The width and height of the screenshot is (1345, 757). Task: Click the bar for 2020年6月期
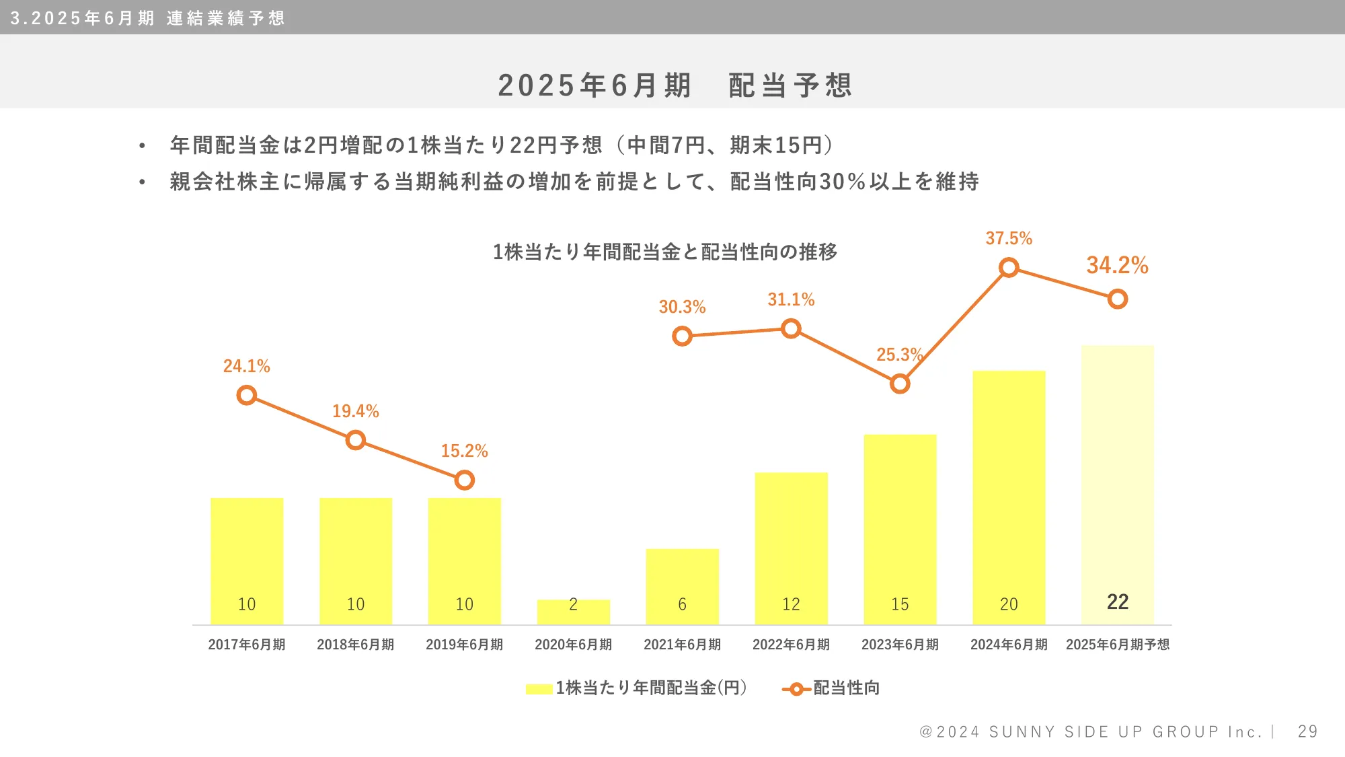573,612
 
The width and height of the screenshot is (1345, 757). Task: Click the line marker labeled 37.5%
1008,268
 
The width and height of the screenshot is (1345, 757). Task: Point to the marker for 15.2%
464,480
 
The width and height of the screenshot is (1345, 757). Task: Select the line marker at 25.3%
900,384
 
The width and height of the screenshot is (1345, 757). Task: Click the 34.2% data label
1117,265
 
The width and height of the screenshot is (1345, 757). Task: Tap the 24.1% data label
246,366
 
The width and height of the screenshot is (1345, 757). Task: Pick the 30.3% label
682,307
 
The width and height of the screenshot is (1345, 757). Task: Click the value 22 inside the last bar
1117,602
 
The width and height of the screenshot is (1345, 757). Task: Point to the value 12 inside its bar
791,604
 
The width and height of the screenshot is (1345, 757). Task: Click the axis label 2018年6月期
355,645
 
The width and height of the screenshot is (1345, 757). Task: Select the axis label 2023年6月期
900,645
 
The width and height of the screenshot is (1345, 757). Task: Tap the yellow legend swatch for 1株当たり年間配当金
539,688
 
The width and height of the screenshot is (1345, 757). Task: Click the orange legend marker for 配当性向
796,688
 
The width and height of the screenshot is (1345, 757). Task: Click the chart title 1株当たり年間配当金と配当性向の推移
664,252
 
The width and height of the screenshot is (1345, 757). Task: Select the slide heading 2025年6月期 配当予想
675,85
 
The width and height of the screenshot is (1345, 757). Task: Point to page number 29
1307,731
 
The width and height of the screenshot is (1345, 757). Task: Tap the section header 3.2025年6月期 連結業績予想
148,17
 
